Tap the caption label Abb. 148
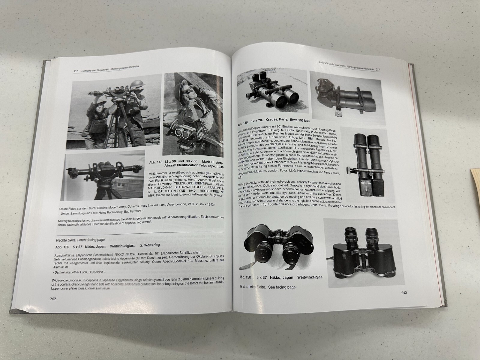click(155, 162)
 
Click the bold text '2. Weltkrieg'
click(150, 245)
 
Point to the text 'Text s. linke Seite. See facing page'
click(268, 287)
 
